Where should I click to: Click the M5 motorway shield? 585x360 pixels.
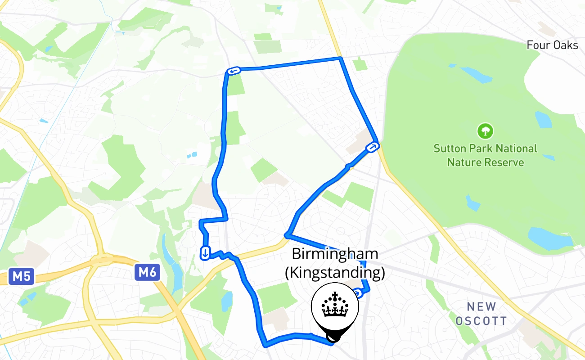click(x=21, y=276)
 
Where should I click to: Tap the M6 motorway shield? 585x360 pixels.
click(x=147, y=272)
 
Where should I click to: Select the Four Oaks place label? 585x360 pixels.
click(x=552, y=45)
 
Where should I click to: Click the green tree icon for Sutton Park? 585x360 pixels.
click(x=485, y=131)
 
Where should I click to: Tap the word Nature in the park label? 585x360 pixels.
click(x=463, y=162)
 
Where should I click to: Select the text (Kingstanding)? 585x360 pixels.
click(x=335, y=273)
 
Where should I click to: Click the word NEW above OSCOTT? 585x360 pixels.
click(x=481, y=307)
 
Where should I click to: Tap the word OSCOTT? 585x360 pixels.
click(x=481, y=321)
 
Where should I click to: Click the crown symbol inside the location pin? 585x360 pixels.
click(x=335, y=304)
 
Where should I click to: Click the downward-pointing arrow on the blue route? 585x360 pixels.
click(x=205, y=253)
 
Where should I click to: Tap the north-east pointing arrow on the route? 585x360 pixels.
click(x=373, y=147)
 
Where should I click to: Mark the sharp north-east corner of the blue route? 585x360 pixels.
click(x=341, y=58)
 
